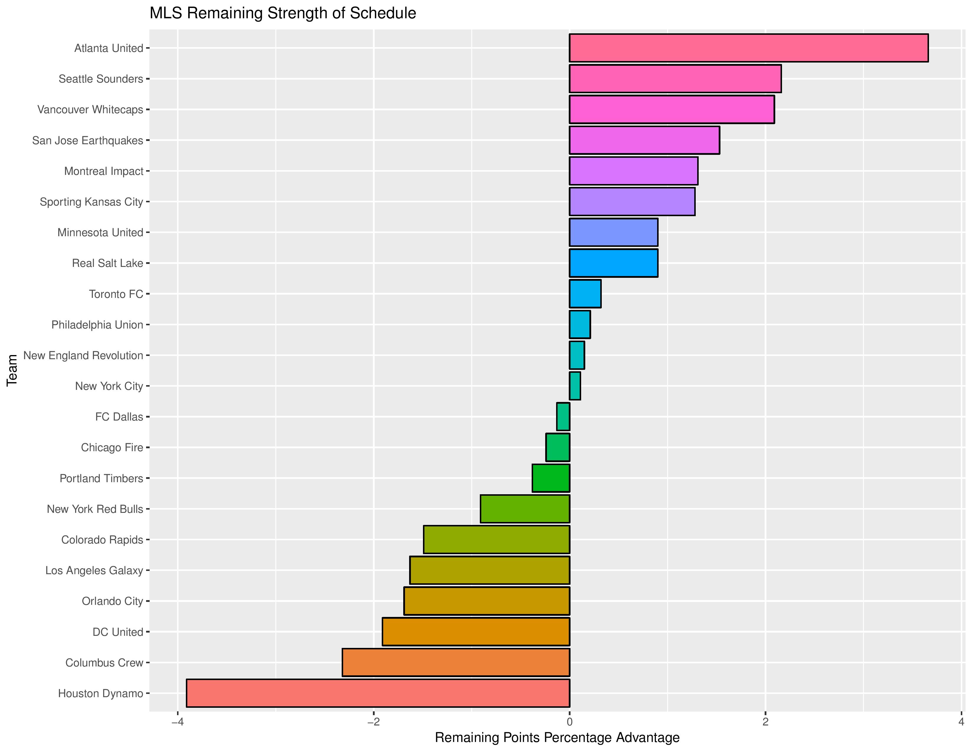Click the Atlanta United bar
point(748,48)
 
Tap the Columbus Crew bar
point(456,662)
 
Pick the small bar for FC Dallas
point(563,416)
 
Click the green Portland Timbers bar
point(551,478)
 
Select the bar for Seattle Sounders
point(675,78)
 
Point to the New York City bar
point(575,386)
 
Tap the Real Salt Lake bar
point(613,263)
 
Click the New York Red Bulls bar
point(525,509)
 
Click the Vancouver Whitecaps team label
point(90,110)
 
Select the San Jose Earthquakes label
point(88,140)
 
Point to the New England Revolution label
point(83,356)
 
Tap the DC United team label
point(118,632)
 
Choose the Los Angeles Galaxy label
point(94,570)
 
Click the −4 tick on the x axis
point(178,722)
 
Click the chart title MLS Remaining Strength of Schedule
point(282,13)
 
